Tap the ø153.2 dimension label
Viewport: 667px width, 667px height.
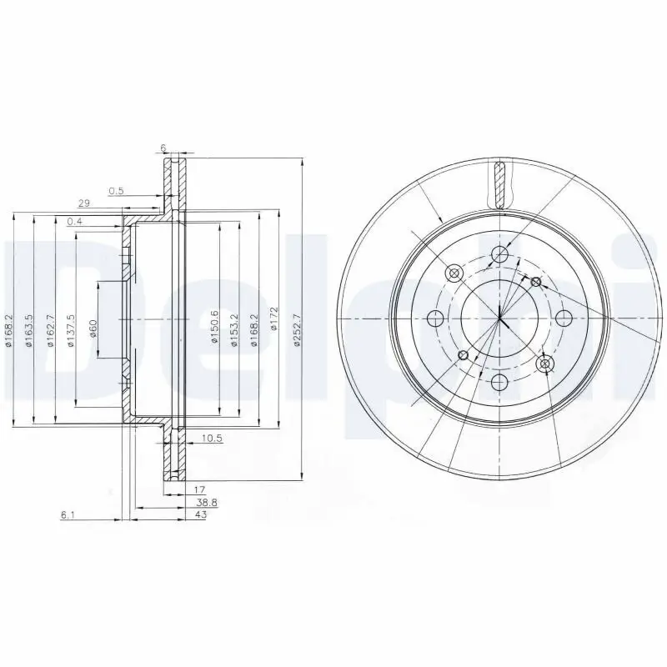(x=236, y=320)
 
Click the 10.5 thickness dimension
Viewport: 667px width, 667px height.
(x=212, y=436)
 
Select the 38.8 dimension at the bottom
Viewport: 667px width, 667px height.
(x=206, y=503)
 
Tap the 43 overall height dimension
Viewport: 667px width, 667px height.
(x=200, y=515)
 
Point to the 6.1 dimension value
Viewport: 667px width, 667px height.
(x=68, y=516)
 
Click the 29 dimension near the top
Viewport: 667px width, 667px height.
(x=83, y=203)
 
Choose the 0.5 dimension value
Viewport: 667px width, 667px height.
(x=117, y=191)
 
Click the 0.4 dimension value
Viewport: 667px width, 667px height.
(x=75, y=221)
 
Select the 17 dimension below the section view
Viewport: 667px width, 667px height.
(x=200, y=490)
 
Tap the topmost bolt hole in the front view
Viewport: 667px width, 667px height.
(x=499, y=254)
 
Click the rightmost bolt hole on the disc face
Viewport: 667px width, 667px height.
(x=564, y=318)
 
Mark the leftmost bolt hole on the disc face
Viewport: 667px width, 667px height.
(x=435, y=318)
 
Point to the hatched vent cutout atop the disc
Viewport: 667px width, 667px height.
(x=500, y=183)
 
